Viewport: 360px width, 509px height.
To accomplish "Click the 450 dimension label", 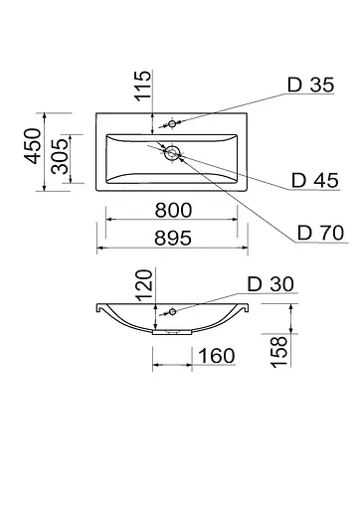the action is tap(33, 146).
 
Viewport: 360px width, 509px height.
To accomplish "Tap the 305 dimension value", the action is tap(60, 156).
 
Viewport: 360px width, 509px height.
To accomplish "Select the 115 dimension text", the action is tap(142, 85).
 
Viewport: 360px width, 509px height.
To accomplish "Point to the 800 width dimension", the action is tap(173, 210).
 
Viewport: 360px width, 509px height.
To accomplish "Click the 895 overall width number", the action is tap(173, 238).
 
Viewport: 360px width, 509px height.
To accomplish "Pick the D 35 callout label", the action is tap(310, 85).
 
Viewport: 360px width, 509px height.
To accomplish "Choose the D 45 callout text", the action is tap(315, 180).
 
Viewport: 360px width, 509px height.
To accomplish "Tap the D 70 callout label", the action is tap(320, 233).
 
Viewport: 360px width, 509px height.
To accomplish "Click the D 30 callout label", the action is tap(270, 284).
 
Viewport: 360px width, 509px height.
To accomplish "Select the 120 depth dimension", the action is tap(144, 285).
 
